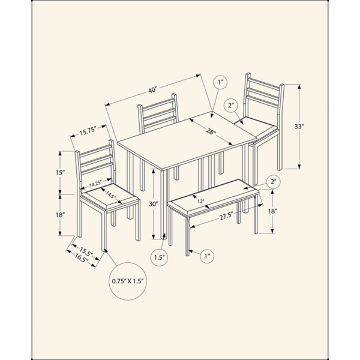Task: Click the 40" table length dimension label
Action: (152, 90)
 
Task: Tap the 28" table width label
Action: (211, 133)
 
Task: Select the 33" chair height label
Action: (299, 126)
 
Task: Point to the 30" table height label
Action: (154, 203)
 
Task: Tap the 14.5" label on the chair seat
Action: (110, 196)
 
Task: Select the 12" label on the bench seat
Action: (200, 202)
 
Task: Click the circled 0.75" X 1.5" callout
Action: (128, 281)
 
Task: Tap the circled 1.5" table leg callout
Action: (160, 257)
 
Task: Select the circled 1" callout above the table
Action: (220, 82)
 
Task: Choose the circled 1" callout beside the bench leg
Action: (207, 256)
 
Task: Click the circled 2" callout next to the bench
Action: (274, 182)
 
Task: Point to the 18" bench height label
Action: (272, 211)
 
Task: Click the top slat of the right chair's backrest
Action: (264, 84)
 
